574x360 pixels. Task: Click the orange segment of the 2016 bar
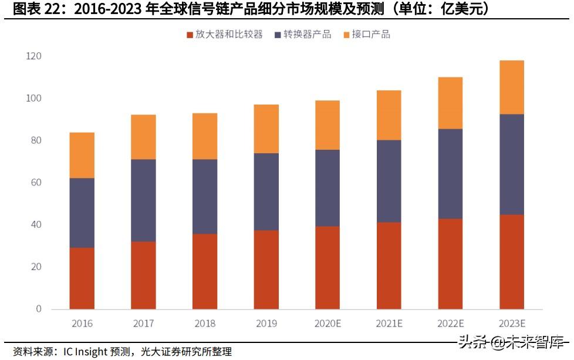[x=82, y=155]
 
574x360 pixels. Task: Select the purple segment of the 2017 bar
[x=143, y=200]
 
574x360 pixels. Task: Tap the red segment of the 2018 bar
[x=205, y=271]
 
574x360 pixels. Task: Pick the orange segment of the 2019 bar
[x=266, y=129]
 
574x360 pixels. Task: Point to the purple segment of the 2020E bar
[x=327, y=188]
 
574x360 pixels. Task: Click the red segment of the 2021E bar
[x=389, y=265]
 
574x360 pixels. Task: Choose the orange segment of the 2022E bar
[x=450, y=103]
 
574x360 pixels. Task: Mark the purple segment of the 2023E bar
[x=512, y=164]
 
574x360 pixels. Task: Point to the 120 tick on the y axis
[x=33, y=56]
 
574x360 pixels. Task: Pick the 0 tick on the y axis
[x=39, y=309]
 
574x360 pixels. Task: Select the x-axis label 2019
[x=266, y=324]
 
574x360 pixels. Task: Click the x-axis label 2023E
[x=512, y=324]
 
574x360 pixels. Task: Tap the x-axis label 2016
[x=82, y=324]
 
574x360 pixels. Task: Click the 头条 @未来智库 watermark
[x=511, y=342]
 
